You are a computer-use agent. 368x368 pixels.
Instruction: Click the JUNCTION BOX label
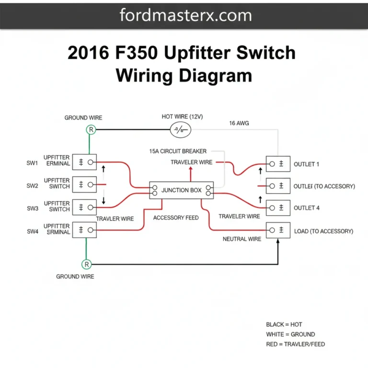tap(182, 190)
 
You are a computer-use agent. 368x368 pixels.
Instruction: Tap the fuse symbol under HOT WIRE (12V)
tap(181, 129)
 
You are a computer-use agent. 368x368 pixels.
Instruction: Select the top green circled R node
tap(91, 129)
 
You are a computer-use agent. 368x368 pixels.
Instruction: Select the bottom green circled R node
tap(87, 264)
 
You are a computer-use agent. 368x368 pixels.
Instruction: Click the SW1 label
tap(32, 163)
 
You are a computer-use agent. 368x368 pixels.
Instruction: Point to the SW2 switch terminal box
tap(84, 184)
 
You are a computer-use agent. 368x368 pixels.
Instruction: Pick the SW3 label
tap(32, 208)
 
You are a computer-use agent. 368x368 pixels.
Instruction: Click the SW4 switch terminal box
tap(84, 230)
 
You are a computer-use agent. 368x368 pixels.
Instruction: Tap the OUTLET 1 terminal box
tap(278, 164)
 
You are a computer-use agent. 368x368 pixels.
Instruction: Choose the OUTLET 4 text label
tap(307, 208)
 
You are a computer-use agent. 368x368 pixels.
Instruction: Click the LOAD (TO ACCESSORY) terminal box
tap(278, 230)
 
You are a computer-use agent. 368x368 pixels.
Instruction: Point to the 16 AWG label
tap(239, 123)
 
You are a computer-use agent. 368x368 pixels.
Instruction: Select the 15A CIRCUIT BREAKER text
tap(178, 151)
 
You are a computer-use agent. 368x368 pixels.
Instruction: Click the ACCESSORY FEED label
tap(176, 218)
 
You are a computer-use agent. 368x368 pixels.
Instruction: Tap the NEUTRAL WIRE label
tap(242, 239)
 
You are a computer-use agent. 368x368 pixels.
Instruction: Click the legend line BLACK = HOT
tap(284, 324)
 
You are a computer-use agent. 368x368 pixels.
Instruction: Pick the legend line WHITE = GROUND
tap(290, 334)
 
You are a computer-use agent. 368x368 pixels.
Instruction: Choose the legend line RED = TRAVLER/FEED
tap(296, 344)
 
